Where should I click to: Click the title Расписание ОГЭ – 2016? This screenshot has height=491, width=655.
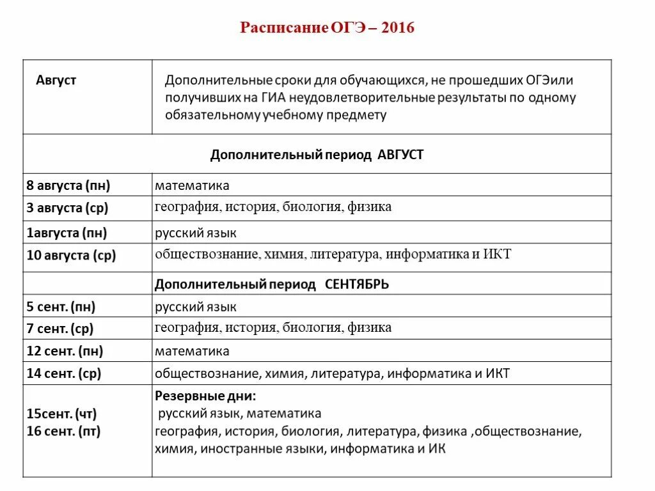327,28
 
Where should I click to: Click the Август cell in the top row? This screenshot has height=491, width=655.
56,80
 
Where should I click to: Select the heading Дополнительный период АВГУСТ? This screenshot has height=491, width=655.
317,155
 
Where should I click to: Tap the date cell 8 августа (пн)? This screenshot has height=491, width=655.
68,186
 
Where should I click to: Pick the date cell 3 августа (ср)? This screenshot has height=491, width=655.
67,208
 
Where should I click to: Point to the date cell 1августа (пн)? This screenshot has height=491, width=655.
67,233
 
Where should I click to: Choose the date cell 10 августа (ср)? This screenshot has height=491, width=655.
71,256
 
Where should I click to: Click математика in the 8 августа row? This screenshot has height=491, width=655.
192,186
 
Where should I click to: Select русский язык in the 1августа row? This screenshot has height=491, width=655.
196,233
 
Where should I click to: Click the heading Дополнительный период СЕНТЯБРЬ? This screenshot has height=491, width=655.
272,284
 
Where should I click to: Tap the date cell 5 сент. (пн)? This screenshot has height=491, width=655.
61,307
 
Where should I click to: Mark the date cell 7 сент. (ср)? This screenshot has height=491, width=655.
60,329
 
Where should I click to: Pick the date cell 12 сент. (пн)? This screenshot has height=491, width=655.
65,351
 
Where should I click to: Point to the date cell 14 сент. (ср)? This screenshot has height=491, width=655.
64,373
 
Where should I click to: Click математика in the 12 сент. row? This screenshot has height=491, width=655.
192,351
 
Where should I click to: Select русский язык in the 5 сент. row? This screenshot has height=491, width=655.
196,307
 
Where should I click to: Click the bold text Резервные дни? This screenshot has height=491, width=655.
205,396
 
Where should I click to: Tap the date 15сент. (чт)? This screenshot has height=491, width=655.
61,414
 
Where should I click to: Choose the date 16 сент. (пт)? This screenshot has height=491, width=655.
63,432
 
